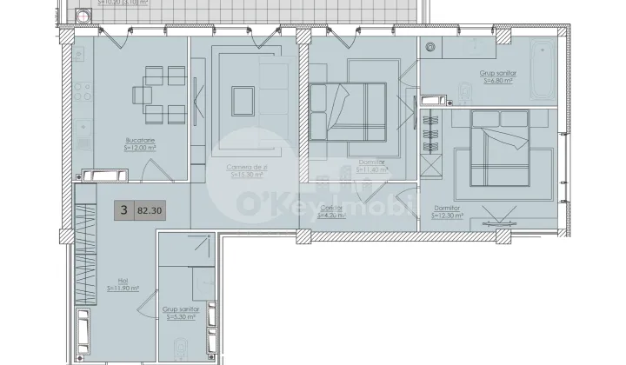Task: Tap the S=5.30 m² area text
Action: [x=181, y=317]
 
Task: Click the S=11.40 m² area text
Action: [x=370, y=170]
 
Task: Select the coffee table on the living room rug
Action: [x=243, y=96]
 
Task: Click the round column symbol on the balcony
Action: [x=83, y=15]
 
